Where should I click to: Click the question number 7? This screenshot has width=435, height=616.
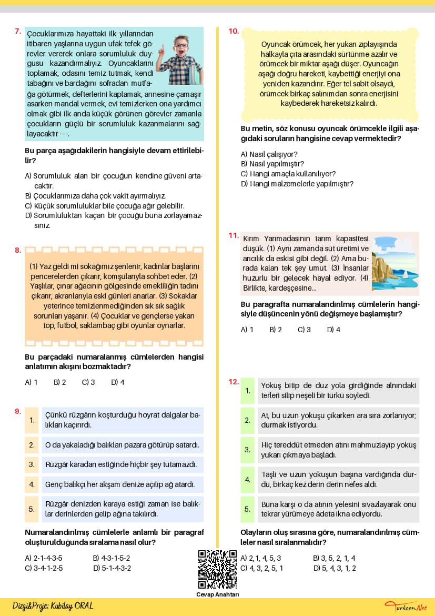(17, 32)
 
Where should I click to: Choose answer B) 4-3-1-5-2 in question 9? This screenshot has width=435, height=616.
(111, 558)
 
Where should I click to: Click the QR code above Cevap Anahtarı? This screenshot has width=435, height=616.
(217, 569)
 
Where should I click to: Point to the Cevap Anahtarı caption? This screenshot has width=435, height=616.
(217, 595)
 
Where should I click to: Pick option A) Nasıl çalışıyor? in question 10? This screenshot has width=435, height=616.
(269, 154)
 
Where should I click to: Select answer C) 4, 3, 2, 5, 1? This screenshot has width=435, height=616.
(261, 568)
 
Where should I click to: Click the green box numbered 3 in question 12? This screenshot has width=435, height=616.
(247, 450)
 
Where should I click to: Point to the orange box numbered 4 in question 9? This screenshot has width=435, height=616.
(32, 484)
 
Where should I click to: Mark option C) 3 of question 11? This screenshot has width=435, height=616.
(304, 330)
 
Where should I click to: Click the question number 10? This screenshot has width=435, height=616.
(234, 32)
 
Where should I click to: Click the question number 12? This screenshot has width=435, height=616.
(234, 382)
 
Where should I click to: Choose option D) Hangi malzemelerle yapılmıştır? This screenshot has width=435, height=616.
(297, 184)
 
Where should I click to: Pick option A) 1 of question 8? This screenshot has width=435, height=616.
(31, 382)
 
